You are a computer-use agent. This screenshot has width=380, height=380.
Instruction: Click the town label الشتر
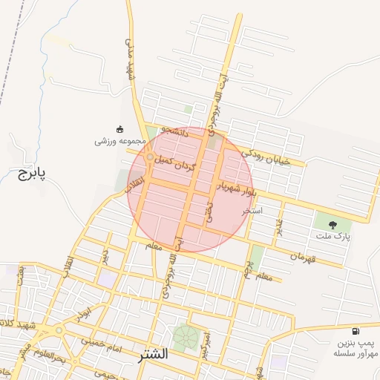click(x=153, y=354)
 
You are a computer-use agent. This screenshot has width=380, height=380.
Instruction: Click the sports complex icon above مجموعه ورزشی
click(x=120, y=128)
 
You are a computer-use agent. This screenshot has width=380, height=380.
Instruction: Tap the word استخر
click(x=252, y=211)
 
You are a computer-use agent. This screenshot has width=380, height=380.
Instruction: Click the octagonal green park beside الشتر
click(x=186, y=338)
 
